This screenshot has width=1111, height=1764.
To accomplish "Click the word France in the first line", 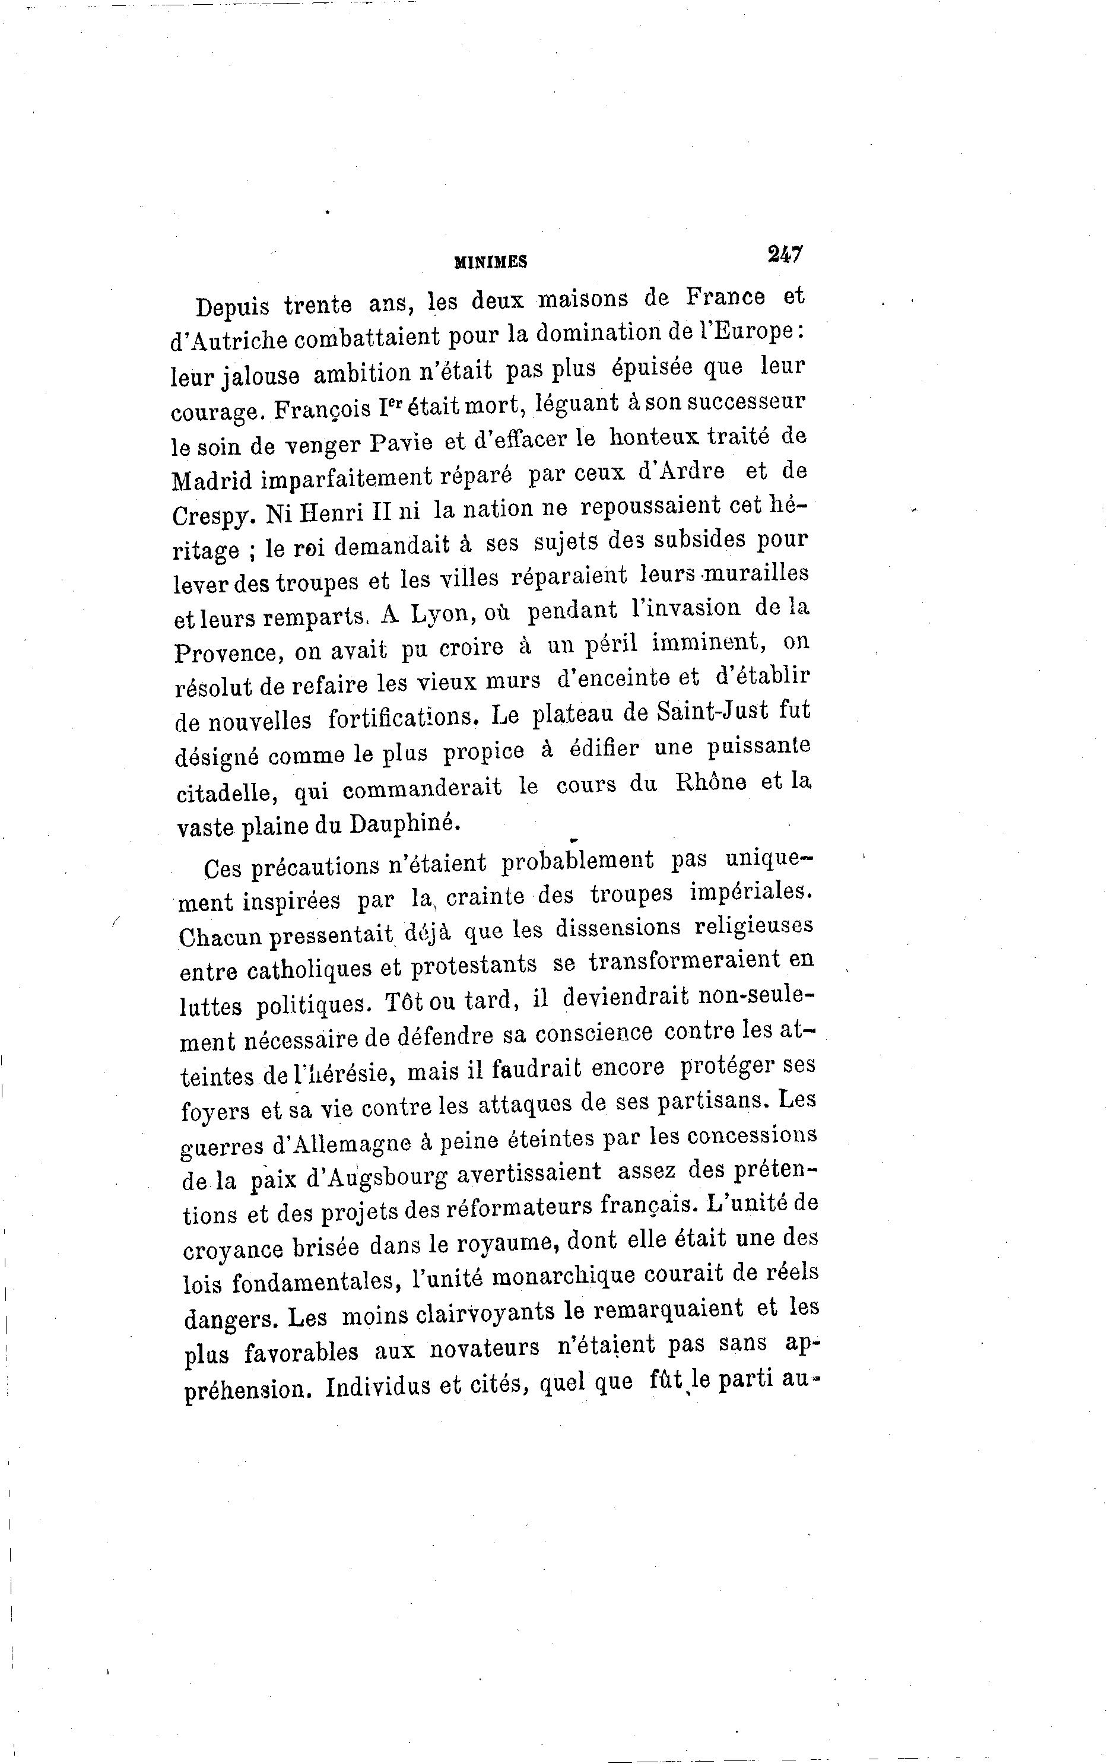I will point(726,297).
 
